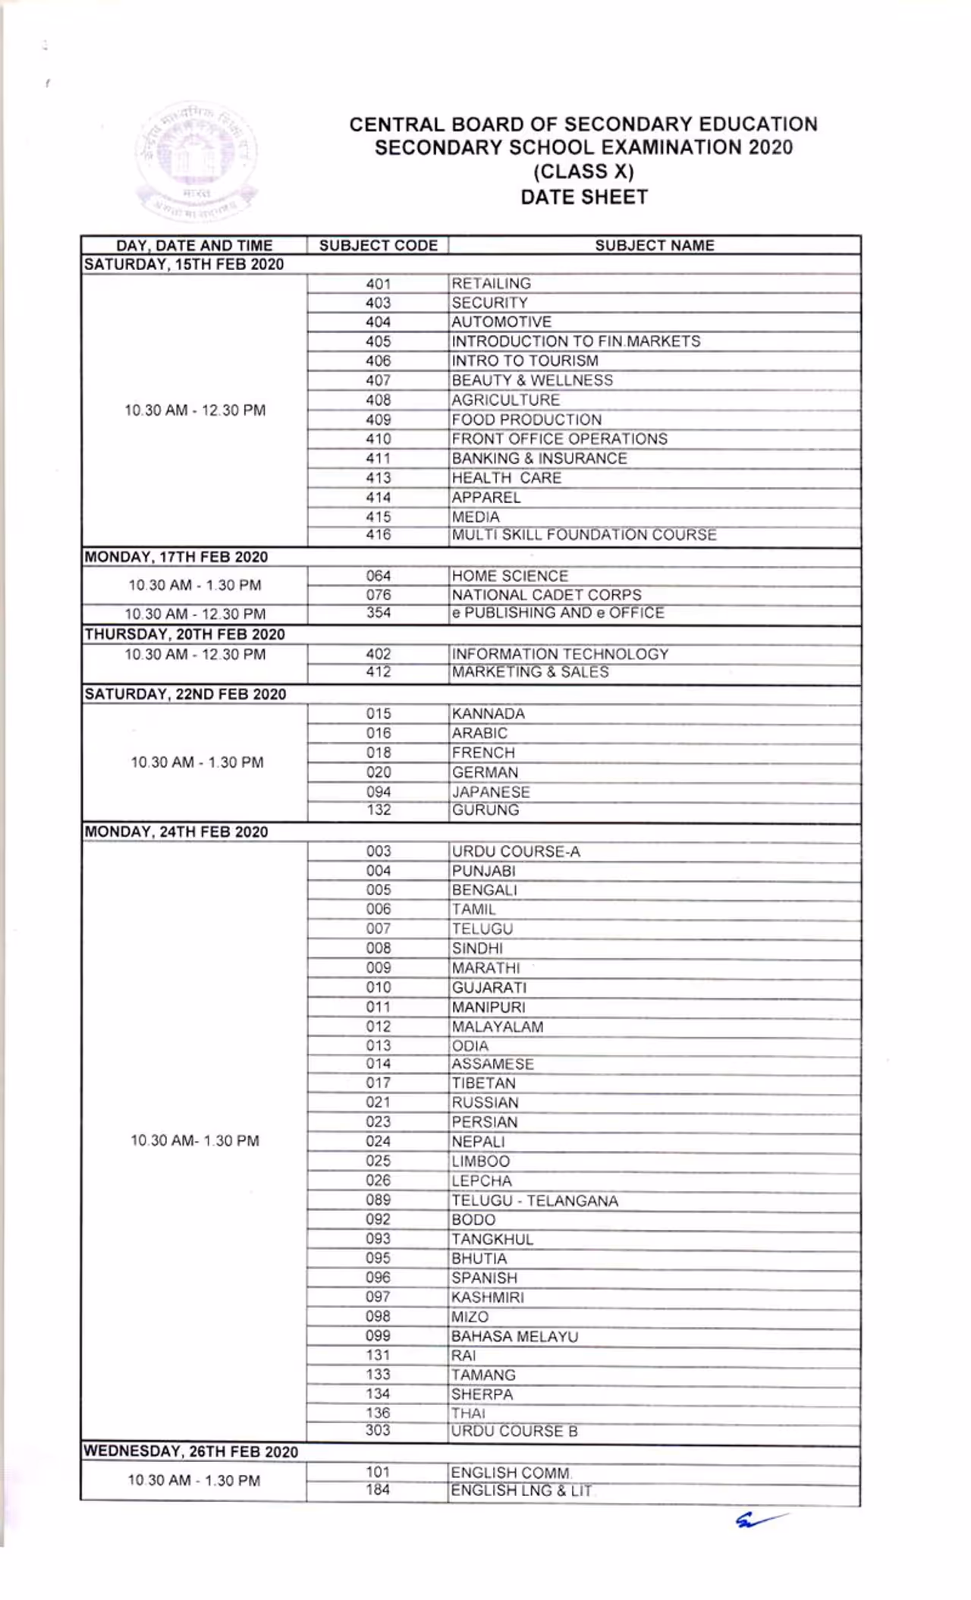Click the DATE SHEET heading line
coord(583,197)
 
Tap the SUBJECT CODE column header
coord(378,245)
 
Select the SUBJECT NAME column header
coord(654,245)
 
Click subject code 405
coord(378,341)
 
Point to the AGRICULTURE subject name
coord(505,400)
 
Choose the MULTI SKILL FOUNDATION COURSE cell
coord(583,535)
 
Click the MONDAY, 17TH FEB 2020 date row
coord(176,557)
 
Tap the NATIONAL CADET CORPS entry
coord(546,595)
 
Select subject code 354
coord(378,612)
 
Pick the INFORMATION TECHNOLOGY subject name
coord(560,654)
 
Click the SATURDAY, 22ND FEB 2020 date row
coord(185,694)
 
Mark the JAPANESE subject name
coord(491,791)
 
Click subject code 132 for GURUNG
coord(378,809)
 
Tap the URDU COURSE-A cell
coord(516,851)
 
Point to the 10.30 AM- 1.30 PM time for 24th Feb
coord(194,1140)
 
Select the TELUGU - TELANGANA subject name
coord(535,1200)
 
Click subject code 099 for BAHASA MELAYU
coord(378,1336)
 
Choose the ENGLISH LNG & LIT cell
coord(521,1491)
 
